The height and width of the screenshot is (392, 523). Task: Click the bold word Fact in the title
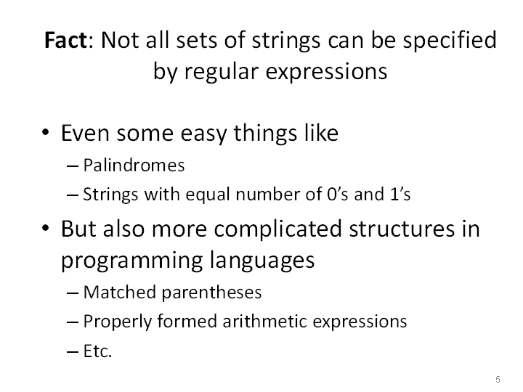(66, 40)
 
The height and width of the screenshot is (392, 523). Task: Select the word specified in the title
(450, 41)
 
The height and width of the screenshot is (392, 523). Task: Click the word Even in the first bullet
(85, 133)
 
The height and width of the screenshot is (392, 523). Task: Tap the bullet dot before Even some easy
(46, 132)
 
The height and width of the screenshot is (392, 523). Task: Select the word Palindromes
(134, 166)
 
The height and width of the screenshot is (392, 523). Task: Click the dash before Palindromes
(73, 166)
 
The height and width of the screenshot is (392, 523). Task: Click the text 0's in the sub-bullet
(338, 195)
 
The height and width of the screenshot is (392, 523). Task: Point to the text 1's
(400, 195)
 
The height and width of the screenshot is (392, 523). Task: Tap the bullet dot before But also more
(46, 228)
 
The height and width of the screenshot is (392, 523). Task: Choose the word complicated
(277, 230)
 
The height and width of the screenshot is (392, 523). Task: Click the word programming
(131, 261)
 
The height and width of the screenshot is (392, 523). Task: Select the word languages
(262, 261)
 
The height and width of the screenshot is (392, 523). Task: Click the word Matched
(120, 293)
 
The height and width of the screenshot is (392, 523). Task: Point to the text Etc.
(97, 351)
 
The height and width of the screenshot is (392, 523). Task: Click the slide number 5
(498, 380)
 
